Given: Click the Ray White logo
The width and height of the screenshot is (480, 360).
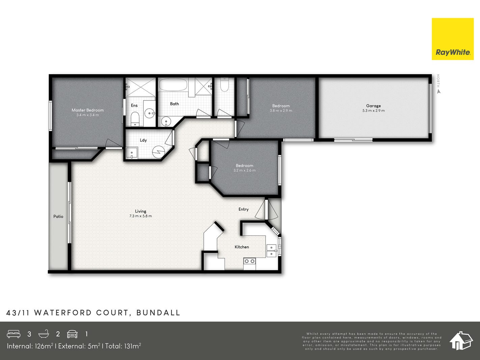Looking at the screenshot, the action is point(452,39).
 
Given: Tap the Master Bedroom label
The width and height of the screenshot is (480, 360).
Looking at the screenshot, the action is point(88,110).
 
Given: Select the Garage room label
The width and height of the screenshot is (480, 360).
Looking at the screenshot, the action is point(373,106).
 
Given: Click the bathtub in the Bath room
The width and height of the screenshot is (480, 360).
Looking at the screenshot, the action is point(173,85).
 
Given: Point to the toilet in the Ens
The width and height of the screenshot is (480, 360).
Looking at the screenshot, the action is point(135,119).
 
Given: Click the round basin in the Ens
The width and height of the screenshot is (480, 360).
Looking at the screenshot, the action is point(150,113).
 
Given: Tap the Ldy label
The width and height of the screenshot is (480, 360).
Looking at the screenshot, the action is point(143,140).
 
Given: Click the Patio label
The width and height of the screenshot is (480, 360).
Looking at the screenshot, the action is point(58,216).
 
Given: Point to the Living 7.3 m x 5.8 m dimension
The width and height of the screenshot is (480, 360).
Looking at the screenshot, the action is point(141,216).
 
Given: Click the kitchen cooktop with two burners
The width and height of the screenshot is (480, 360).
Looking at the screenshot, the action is point(250,261).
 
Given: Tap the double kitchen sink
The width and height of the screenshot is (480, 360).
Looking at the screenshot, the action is point(272,251).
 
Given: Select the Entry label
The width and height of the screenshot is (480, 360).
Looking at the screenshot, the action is point(244,209).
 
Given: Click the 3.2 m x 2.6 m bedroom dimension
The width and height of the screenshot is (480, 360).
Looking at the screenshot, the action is point(245,170).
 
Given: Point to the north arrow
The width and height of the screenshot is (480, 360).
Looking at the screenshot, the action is point(438,92).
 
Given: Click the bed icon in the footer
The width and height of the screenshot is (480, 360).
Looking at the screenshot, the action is point(13,334).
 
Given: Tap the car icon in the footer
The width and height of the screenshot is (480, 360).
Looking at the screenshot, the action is point(73,334).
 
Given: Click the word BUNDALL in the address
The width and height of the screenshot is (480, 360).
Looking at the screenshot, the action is point(158,313).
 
